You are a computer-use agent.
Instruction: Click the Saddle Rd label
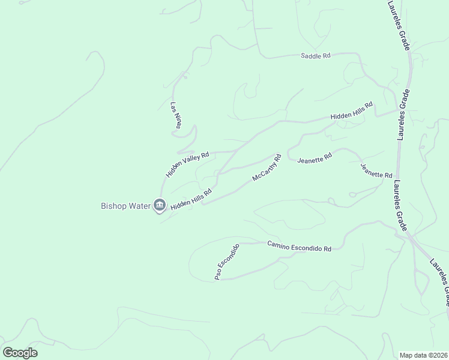click(316, 56)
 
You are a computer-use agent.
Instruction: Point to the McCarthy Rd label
click(267, 169)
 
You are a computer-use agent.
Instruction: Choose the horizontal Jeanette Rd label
click(315, 158)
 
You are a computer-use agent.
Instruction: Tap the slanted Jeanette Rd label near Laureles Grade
click(376, 170)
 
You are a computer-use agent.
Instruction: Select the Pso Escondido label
click(228, 262)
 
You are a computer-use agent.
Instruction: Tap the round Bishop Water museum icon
click(160, 206)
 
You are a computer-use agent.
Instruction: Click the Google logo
click(20, 353)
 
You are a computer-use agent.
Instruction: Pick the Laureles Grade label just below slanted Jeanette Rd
click(399, 204)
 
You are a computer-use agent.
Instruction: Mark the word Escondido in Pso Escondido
click(230, 258)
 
